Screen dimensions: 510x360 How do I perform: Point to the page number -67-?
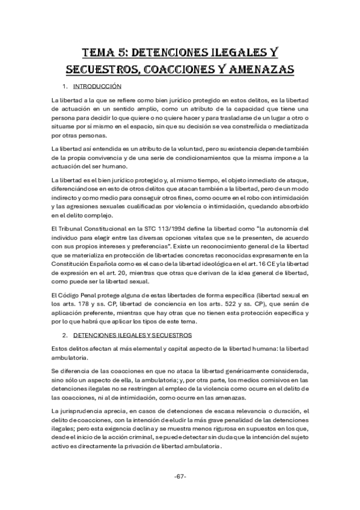point(180,477)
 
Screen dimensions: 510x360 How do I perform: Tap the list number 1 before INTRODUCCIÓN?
point(64,87)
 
